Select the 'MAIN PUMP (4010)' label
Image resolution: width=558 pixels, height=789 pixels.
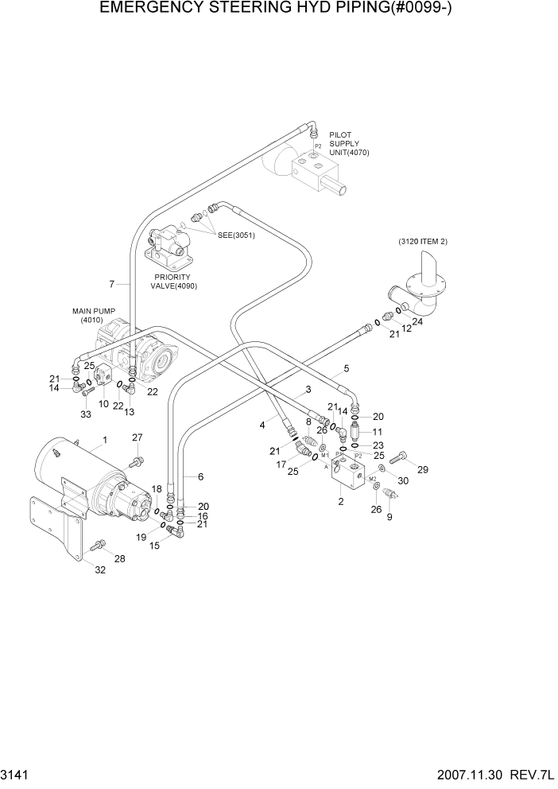pos(94,316)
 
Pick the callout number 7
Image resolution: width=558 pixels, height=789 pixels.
pos(113,284)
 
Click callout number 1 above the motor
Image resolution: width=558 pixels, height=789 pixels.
pos(104,440)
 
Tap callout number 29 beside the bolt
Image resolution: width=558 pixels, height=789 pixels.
pos(423,470)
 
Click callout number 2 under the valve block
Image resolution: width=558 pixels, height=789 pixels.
pos(340,501)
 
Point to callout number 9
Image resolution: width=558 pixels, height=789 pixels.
pos(389,517)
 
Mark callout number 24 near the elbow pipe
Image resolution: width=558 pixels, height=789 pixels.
pos(417,322)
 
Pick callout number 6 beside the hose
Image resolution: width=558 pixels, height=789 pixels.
pos(200,476)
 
